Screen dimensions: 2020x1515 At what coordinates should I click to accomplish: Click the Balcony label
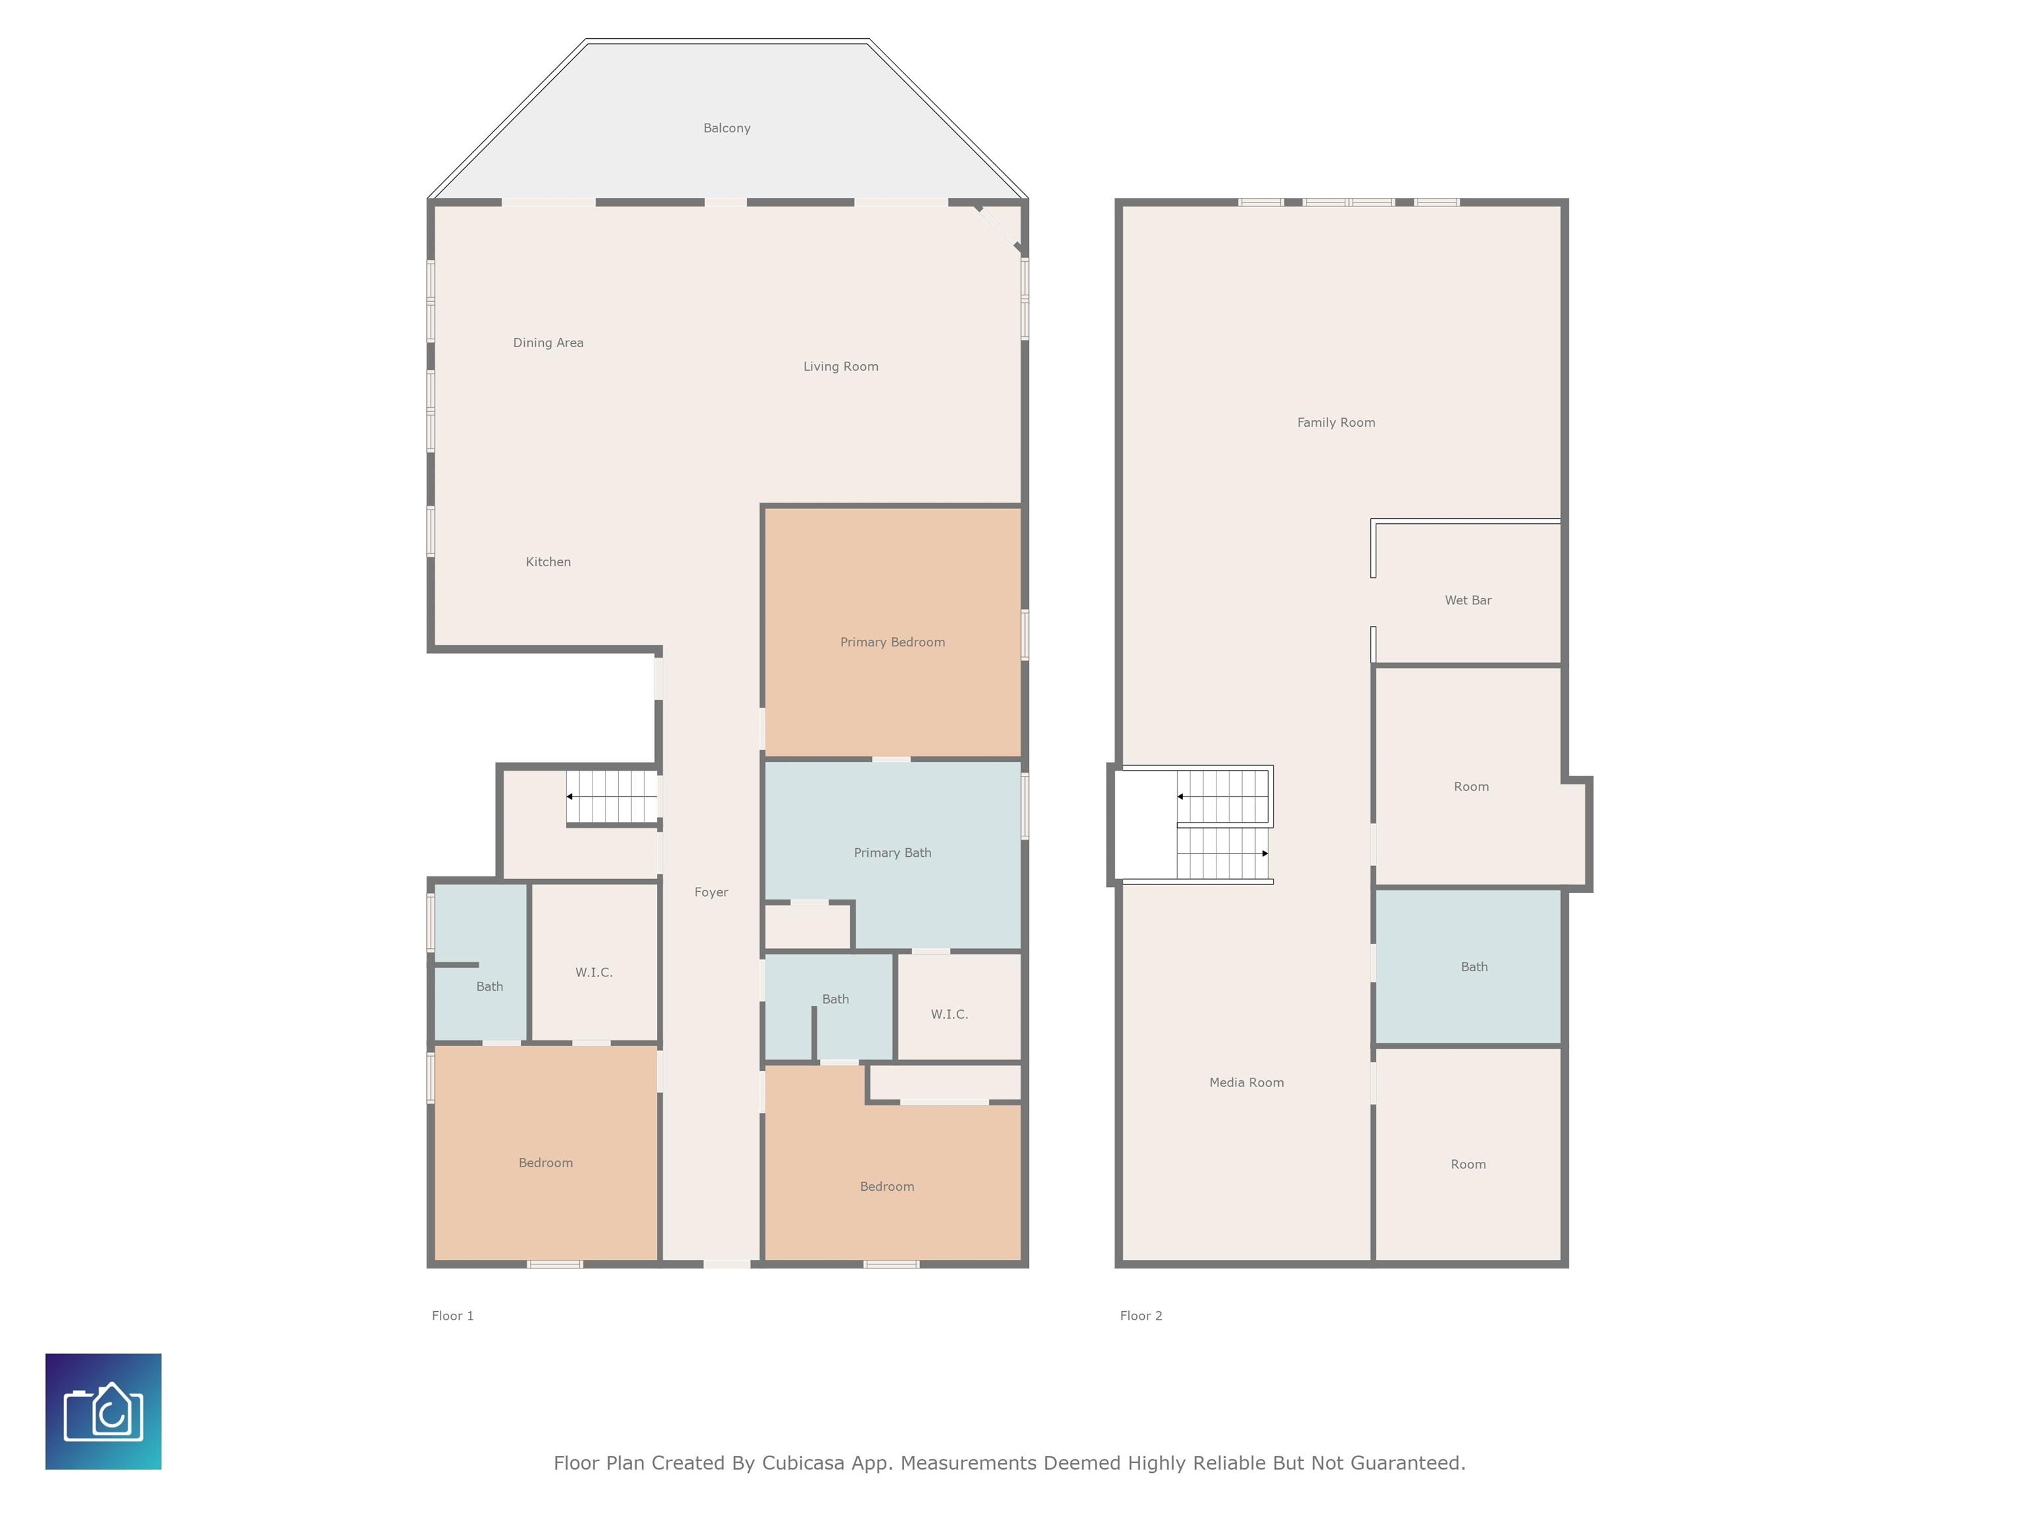pos(727,128)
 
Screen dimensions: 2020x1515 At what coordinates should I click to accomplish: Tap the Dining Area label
pos(548,343)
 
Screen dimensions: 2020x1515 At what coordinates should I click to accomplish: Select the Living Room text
pos(841,366)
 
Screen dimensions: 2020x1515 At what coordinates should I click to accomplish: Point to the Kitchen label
pos(548,562)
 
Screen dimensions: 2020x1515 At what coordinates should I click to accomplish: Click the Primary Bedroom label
pos(892,642)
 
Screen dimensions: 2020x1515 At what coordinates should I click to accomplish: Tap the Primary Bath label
pos(892,853)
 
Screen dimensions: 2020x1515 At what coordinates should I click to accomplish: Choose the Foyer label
pos(711,892)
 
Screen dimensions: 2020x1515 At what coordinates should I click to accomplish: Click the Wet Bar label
pos(1468,600)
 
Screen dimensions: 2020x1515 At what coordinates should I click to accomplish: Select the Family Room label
pos(1336,422)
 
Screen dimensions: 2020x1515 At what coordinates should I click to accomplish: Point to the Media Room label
pos(1247,1082)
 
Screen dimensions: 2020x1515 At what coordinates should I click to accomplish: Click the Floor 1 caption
pos(453,1316)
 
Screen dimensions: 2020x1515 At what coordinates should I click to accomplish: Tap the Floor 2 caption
pos(1142,1316)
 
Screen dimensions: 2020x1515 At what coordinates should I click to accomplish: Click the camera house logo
pos(103,1411)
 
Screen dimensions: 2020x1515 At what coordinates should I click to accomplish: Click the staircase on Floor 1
pos(612,797)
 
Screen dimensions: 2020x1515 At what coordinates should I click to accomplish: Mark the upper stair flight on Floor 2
pos(1224,797)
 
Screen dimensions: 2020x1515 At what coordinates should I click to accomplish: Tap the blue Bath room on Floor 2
pos(1468,966)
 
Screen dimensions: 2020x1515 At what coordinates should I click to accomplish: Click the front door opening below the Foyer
pos(727,1264)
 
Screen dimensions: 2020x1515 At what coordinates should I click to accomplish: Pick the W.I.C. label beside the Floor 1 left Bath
pos(594,973)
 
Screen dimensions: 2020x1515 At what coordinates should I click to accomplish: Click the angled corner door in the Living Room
pos(998,228)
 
